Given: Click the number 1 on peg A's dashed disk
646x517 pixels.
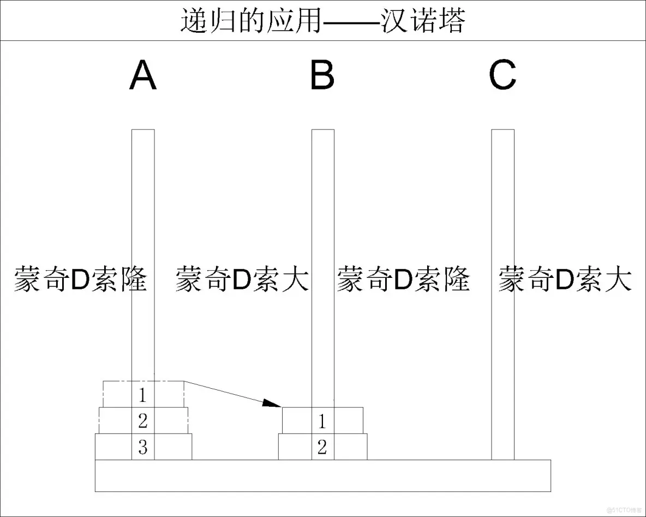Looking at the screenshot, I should pos(142,394).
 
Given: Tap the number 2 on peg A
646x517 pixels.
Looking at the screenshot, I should pos(142,421).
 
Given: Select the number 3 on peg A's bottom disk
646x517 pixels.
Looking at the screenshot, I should pos(142,448).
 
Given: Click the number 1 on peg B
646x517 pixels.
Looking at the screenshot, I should pos(322,421).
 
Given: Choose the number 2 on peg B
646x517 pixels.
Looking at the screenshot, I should pos(322,448).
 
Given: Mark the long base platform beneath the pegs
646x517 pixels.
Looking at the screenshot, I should pos(323,476).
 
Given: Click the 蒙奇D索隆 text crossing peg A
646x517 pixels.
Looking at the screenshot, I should pos(81,279).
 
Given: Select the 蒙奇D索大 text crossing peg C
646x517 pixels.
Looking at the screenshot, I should pos(565,279).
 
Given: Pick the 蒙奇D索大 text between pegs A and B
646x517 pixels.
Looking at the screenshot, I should pos(242,279).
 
